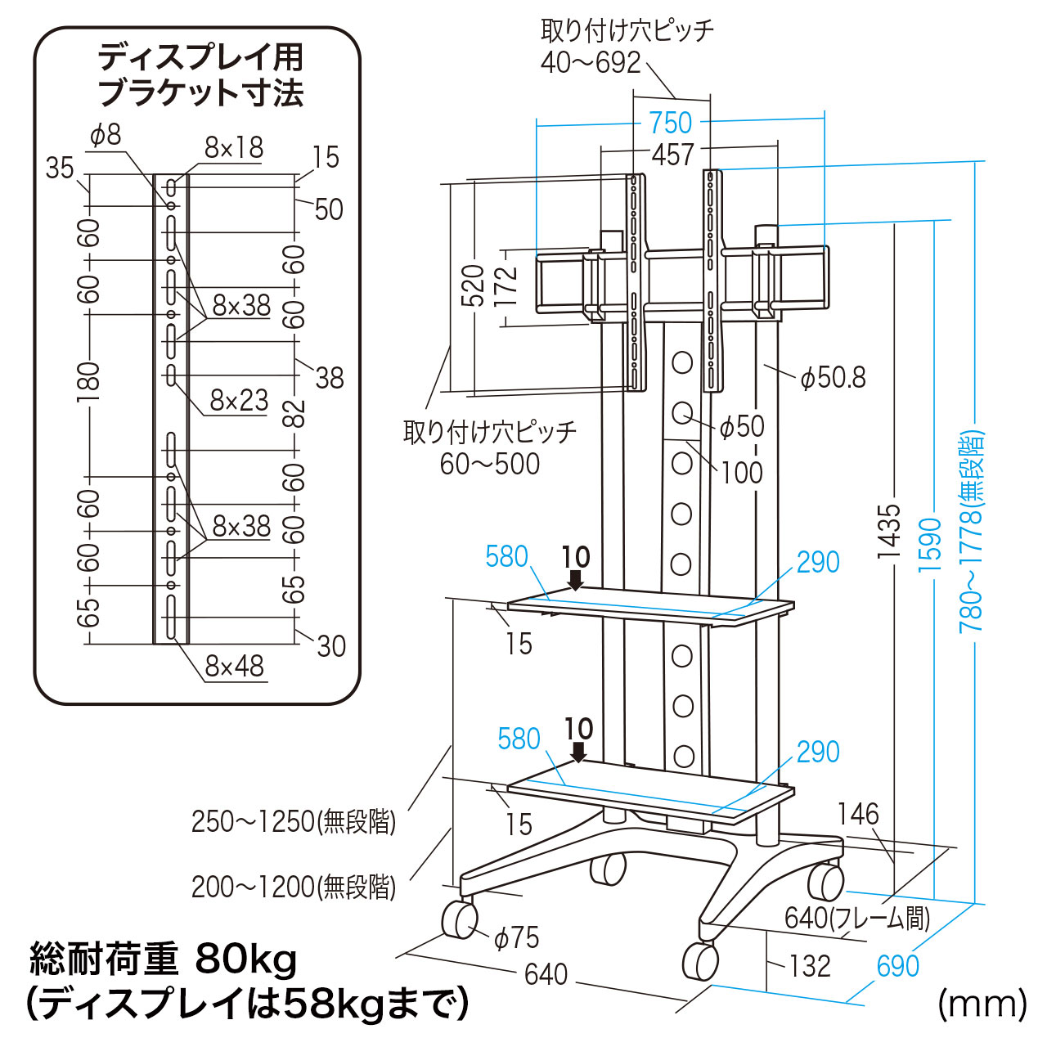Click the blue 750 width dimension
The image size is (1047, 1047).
pyautogui.click(x=671, y=123)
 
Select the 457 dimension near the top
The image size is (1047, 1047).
pyautogui.click(x=672, y=154)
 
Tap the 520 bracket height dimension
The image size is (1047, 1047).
pyautogui.click(x=473, y=285)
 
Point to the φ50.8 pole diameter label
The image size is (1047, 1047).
pyautogui.click(x=833, y=377)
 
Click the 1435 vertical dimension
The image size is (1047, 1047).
pyautogui.click(x=888, y=532)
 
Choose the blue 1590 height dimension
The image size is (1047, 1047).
pyautogui.click(x=931, y=544)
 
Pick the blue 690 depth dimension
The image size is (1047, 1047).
pyautogui.click(x=897, y=966)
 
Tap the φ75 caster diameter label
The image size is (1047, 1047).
pyautogui.click(x=517, y=938)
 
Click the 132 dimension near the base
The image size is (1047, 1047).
pyautogui.click(x=810, y=966)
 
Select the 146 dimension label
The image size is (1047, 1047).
pyautogui.click(x=858, y=814)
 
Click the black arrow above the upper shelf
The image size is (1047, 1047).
pyautogui.click(x=576, y=579)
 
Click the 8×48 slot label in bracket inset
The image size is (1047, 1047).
pyautogui.click(x=235, y=667)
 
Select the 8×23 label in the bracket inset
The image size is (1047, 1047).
pyautogui.click(x=239, y=400)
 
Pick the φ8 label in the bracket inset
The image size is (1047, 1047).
pyautogui.click(x=106, y=135)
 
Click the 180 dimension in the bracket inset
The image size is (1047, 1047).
pyautogui.click(x=88, y=381)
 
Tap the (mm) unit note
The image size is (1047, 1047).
pyautogui.click(x=982, y=1003)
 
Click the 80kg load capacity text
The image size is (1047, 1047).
pyautogui.click(x=246, y=959)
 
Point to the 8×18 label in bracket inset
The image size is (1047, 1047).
pyautogui.click(x=234, y=147)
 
